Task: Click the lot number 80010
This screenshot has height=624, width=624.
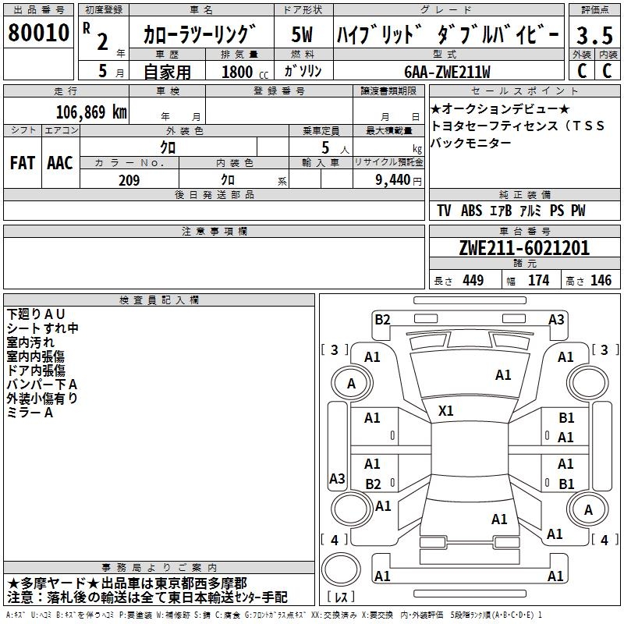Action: tap(39, 34)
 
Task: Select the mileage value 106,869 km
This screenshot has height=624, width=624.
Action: tap(91, 112)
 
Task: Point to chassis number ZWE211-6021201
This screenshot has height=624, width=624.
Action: tap(524, 249)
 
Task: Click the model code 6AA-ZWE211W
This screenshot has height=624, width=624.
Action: tap(447, 72)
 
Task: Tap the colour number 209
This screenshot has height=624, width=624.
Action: tap(129, 180)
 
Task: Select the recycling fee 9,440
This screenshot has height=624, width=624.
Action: tap(394, 180)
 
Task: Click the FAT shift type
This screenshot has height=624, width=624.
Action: tap(22, 163)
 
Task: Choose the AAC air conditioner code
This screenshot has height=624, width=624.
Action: tap(60, 163)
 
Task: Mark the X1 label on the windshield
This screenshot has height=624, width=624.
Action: tap(446, 410)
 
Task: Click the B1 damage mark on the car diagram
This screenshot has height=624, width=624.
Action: tap(566, 418)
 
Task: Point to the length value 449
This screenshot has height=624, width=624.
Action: tap(471, 281)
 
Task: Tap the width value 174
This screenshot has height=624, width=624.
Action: tap(538, 281)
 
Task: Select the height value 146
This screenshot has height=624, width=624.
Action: tap(601, 281)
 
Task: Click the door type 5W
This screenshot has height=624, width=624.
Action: tap(302, 35)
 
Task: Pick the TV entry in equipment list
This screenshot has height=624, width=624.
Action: tap(444, 211)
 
